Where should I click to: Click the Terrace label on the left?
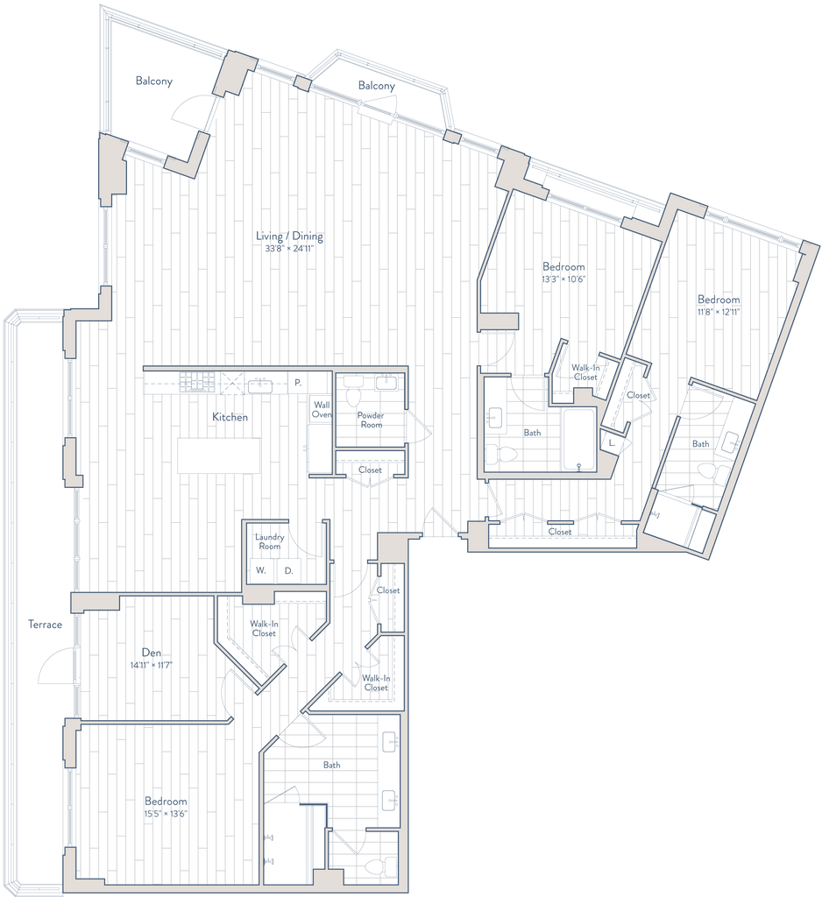point(45,625)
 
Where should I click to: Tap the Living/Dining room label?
point(289,241)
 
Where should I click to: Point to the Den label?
point(152,656)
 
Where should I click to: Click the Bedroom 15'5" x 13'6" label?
point(166,807)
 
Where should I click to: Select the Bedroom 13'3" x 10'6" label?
point(563,271)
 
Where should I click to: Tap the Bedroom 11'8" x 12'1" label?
point(718,305)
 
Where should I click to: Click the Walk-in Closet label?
point(584,371)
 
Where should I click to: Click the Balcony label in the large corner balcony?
point(155,82)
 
